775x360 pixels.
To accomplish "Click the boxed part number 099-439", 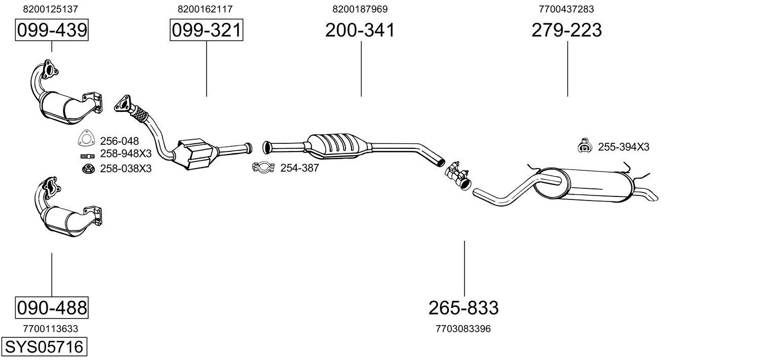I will [x=52, y=30].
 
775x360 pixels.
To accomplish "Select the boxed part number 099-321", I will [x=206, y=30].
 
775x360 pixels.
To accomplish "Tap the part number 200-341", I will [x=360, y=30].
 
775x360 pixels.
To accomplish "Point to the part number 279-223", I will [x=567, y=30].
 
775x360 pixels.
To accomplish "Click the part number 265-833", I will [x=463, y=307].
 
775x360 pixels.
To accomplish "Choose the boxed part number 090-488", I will [x=52, y=307].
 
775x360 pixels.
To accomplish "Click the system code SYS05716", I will [x=44, y=347].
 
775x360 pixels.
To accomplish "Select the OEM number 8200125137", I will [x=51, y=9].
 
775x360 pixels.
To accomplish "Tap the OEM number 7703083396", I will [x=463, y=329].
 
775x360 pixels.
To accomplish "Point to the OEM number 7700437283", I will [x=566, y=9].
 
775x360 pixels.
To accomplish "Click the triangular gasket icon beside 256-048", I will [x=87, y=140].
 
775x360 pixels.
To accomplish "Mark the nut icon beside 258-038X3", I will [x=88, y=168].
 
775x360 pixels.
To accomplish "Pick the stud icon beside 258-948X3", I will [x=87, y=155].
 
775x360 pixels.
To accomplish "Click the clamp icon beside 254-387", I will [x=263, y=168].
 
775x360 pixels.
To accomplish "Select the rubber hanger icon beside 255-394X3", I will [x=585, y=146].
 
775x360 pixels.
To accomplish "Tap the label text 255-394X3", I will [x=624, y=147].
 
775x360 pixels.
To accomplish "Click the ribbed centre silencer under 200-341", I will [x=338, y=145].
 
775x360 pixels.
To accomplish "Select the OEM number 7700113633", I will [x=51, y=329].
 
